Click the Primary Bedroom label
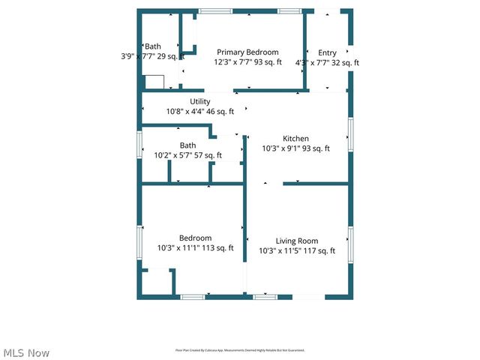click(247, 52)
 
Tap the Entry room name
click(327, 52)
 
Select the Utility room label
click(200, 101)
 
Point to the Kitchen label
click(295, 138)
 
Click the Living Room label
click(297, 241)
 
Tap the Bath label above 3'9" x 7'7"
click(153, 46)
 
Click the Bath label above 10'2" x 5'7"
click(187, 145)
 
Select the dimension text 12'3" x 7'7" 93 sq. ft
click(247, 62)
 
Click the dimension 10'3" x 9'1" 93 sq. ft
click(295, 148)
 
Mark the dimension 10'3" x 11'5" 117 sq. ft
click(297, 251)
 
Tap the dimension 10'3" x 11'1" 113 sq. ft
click(195, 248)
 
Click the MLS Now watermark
click(27, 352)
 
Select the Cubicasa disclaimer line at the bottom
click(240, 350)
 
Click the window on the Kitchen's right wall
click(350, 133)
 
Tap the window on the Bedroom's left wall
click(139, 243)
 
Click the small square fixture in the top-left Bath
click(154, 82)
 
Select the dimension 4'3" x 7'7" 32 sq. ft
click(327, 63)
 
